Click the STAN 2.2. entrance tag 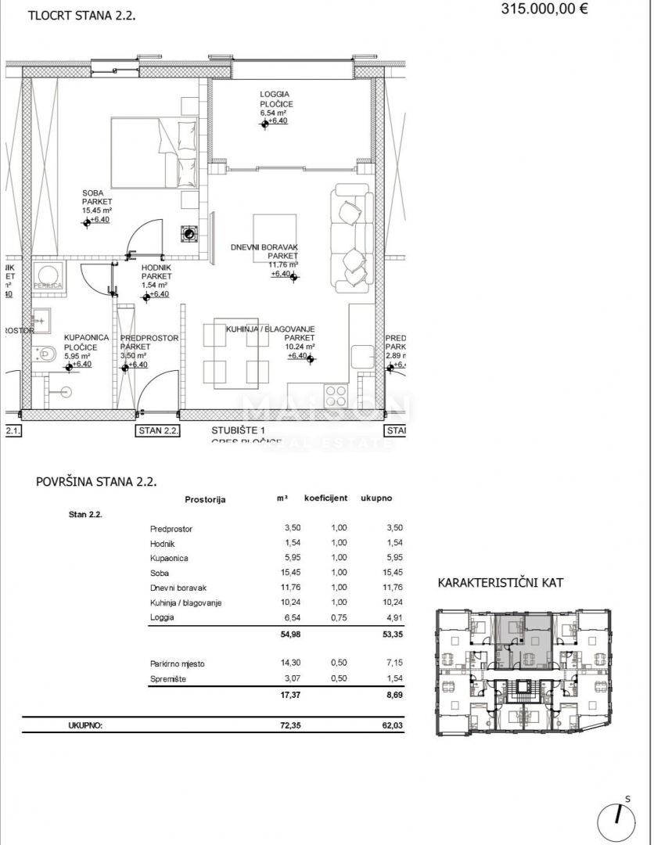tap(158, 430)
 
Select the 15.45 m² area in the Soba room tap(98, 210)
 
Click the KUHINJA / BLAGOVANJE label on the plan tap(270, 329)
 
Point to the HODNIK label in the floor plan tap(156, 267)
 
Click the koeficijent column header tap(325, 498)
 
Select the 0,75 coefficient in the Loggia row tap(338, 617)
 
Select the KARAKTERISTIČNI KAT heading tap(500, 583)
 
